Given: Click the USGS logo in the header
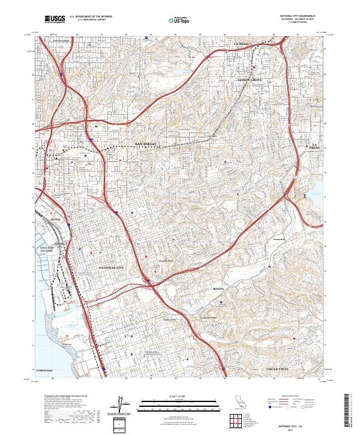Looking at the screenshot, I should (x=55, y=19).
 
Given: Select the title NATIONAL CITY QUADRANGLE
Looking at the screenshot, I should (x=297, y=16).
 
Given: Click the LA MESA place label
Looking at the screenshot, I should (x=241, y=44).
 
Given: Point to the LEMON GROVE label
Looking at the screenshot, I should (x=250, y=80).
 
